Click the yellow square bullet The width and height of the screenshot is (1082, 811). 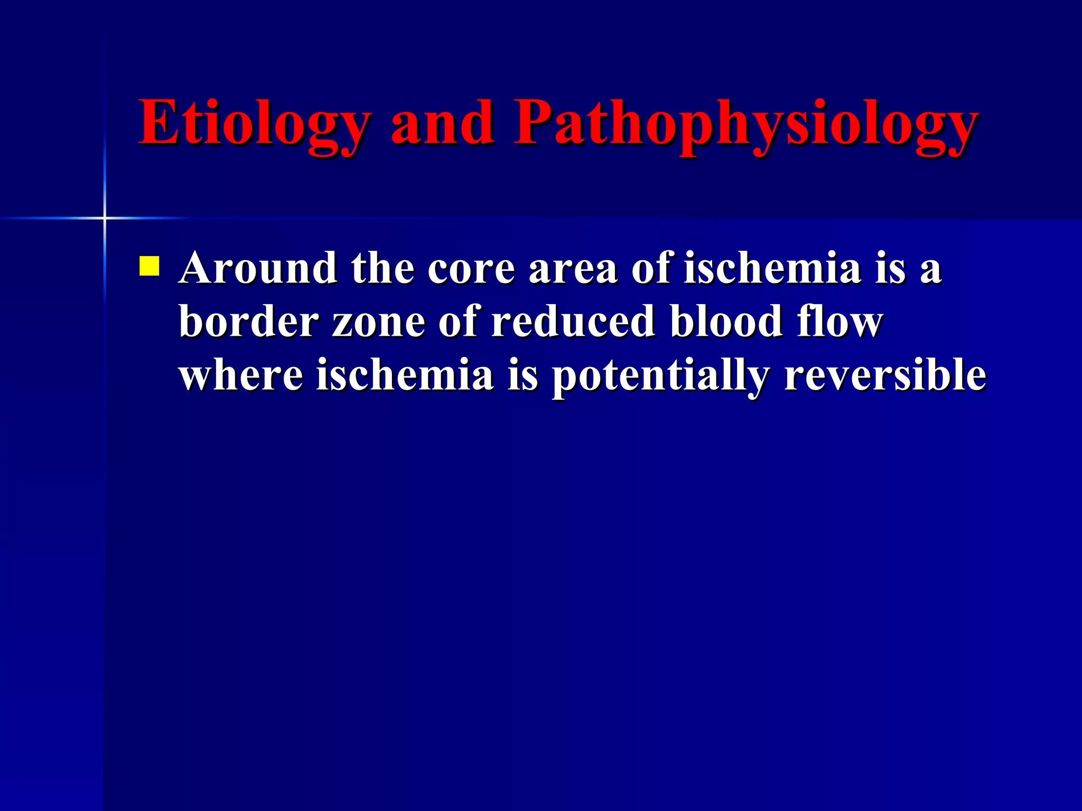click(x=149, y=267)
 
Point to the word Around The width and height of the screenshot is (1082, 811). click(x=258, y=268)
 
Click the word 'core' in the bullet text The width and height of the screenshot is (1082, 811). click(x=471, y=268)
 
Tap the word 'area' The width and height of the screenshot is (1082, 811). click(x=573, y=268)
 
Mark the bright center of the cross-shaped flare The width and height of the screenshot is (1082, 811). click(x=105, y=218)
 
